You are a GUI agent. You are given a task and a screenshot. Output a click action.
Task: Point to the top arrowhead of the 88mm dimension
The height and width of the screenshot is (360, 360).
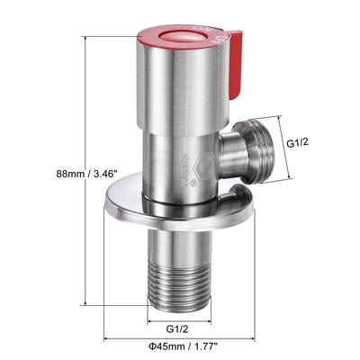(x=88, y=41)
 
